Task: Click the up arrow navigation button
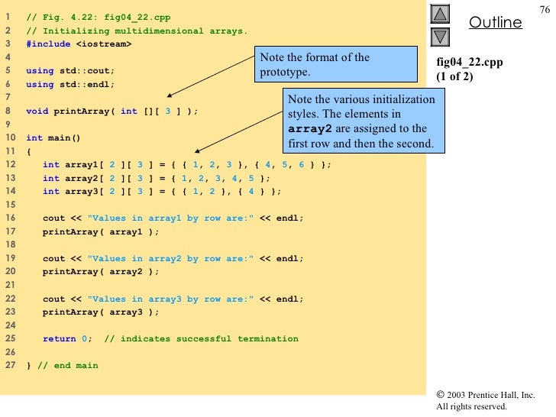441,14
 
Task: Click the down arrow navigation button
441,36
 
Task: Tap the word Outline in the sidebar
495,23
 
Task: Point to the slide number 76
544,8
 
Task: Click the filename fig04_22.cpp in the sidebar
469,63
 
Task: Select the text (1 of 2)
455,76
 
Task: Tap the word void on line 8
37,111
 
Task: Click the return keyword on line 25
59,339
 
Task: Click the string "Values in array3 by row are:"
170,299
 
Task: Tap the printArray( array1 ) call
101,231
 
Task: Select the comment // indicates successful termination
201,339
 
